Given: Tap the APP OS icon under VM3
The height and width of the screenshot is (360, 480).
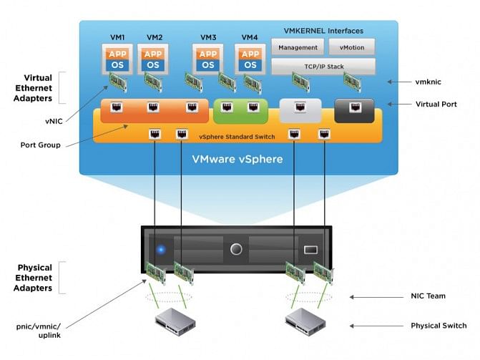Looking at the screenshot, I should click(x=208, y=59).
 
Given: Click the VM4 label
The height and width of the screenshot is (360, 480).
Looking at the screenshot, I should click(x=250, y=37).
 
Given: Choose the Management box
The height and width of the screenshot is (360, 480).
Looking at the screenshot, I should click(x=297, y=48).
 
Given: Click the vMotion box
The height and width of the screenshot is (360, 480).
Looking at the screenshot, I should click(x=351, y=48).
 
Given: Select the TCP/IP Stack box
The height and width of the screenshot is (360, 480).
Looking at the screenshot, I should click(x=323, y=67).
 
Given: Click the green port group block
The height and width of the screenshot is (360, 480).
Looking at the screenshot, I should click(x=240, y=110).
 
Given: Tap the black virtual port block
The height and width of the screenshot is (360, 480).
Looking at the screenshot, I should click(x=354, y=110).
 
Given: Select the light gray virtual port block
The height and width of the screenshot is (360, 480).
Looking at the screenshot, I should click(x=300, y=110).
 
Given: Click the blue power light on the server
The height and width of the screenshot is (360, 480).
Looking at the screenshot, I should click(x=161, y=250).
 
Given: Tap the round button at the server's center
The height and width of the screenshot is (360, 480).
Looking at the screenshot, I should click(x=236, y=250).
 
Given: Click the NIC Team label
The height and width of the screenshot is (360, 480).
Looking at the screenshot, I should click(x=428, y=296).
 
